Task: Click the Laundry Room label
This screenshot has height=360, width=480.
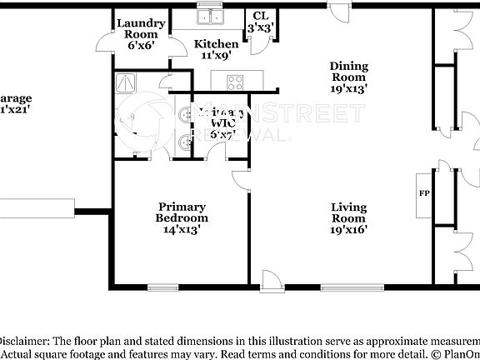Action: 141,29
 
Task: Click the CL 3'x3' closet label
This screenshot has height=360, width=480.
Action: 260,22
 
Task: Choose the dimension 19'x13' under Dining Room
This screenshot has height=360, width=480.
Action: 348,86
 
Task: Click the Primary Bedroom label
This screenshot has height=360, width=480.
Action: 182,212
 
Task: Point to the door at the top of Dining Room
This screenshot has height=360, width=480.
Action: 339,8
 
